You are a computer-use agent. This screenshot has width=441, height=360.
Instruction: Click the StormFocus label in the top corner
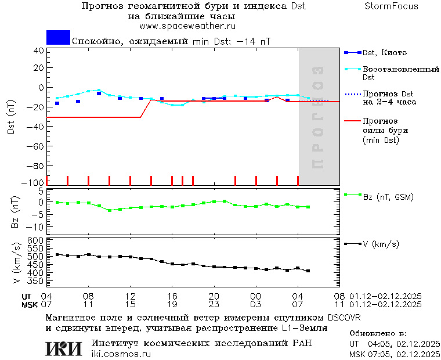pyautogui.click(x=392, y=6)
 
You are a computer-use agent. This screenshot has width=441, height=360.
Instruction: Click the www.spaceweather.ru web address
pyautogui.click(x=187, y=26)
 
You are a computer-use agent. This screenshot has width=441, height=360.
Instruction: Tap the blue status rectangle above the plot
pyautogui.click(x=58, y=37)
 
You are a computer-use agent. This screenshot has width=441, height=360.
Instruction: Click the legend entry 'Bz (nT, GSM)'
pyautogui.click(x=388, y=197)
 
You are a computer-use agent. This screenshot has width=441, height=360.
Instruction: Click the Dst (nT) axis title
pyautogui.click(x=11, y=118)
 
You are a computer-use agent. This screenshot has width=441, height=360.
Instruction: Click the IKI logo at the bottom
pyautogui.click(x=64, y=348)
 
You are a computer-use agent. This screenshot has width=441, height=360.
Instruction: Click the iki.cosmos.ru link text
pyautogui.click(x=121, y=354)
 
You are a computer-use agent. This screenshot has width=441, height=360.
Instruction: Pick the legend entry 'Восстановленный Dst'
pyautogui.click(x=400, y=73)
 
